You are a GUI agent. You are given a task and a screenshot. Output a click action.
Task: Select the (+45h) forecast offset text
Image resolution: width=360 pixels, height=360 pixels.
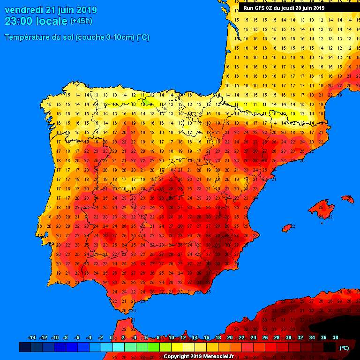coord(81,21)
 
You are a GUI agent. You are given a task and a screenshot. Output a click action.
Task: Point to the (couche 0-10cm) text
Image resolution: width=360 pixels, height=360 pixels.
coord(105,37)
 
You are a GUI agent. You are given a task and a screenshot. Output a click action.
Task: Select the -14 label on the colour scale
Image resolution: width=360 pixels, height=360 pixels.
coord(32,338)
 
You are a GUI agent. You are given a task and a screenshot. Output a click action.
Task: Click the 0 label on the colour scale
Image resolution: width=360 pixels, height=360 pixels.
coord(112,338)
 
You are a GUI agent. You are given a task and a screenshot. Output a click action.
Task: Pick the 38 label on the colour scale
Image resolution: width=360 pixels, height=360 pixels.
coord(335,338)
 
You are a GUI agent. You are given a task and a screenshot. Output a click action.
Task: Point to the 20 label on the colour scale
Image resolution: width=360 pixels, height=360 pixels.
coord(230,338)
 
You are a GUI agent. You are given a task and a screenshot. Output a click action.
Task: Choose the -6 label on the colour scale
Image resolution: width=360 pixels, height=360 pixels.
coord(77,338)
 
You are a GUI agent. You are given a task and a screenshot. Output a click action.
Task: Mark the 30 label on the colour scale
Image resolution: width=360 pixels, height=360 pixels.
coord(288,338)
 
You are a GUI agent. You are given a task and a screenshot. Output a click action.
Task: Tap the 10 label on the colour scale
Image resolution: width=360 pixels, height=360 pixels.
coord(171,338)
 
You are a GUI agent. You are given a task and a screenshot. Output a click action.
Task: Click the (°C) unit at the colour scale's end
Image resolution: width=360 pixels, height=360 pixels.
coord(344,348)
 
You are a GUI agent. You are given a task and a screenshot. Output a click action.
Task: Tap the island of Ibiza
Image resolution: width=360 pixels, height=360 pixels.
coord(287,228)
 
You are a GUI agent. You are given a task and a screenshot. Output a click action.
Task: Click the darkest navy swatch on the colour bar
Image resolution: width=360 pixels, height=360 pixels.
coord(25,347)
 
